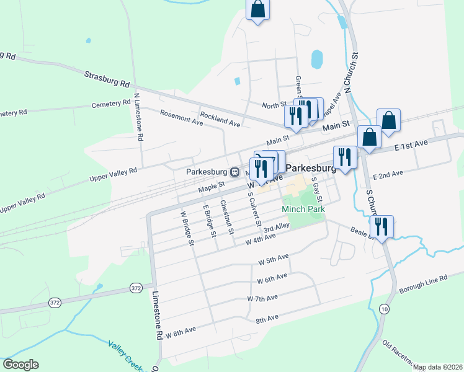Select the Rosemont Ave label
click(181, 117)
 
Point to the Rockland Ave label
click(220, 119)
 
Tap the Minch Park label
click(303, 210)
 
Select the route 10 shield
click(385, 309)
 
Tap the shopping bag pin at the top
click(258, 9)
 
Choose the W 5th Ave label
click(274, 258)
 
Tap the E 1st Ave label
click(412, 145)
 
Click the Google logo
click(20, 365)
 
